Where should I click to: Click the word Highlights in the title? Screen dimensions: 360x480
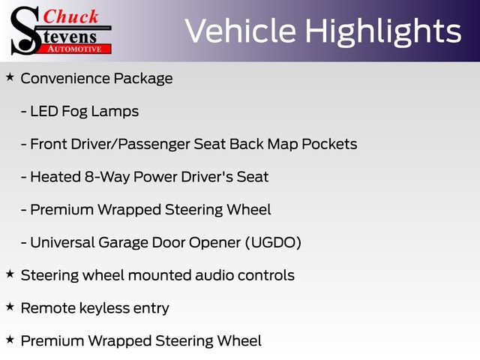384,31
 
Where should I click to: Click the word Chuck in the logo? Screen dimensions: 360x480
73,16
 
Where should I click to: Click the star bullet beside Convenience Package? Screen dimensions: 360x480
10,77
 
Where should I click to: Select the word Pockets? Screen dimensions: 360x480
329,144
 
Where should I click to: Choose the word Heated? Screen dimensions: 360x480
55,177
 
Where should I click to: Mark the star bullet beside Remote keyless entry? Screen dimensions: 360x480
10,307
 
